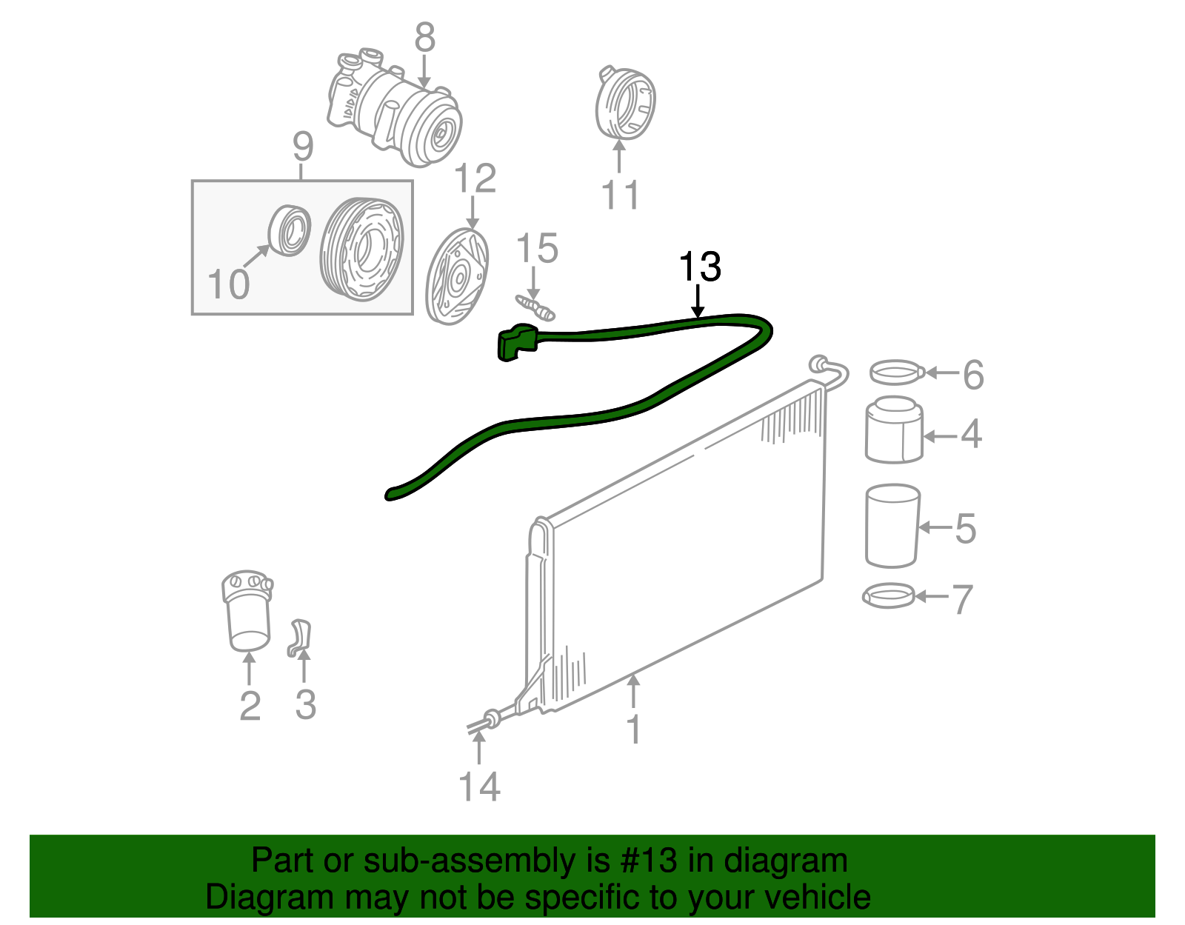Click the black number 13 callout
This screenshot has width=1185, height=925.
pyautogui.click(x=699, y=267)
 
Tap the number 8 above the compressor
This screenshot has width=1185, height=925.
pyautogui.click(x=424, y=37)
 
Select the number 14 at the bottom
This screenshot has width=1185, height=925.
pyautogui.click(x=479, y=787)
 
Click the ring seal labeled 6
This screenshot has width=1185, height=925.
pyautogui.click(x=896, y=372)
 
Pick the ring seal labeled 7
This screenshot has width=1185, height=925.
pyautogui.click(x=889, y=595)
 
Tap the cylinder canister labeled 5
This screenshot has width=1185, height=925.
pyautogui.click(x=892, y=526)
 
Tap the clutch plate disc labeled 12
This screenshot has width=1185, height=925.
pyautogui.click(x=458, y=276)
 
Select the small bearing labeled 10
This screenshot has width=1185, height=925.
pyautogui.click(x=290, y=230)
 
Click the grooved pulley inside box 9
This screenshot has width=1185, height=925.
pyautogui.click(x=362, y=250)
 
